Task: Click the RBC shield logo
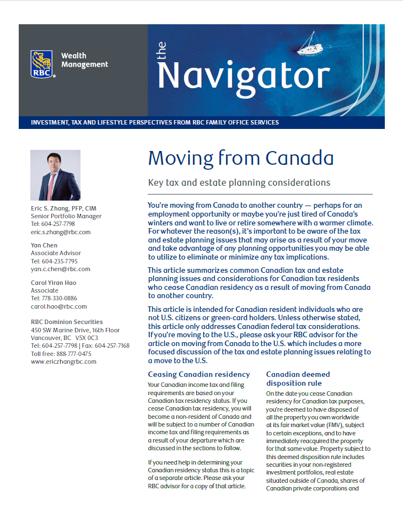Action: pyautogui.click(x=42, y=63)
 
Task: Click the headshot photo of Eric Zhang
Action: pyautogui.click(x=55, y=175)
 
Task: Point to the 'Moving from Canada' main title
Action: pyautogui.click(x=240, y=159)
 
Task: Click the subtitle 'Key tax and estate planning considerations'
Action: pyautogui.click(x=239, y=182)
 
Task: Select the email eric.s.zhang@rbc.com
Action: pyautogui.click(x=61, y=232)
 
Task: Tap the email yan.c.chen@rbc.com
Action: pyautogui.click(x=60, y=269)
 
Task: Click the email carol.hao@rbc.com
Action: pyautogui.click(x=58, y=306)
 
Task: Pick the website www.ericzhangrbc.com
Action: pyautogui.click(x=63, y=361)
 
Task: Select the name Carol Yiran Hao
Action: pyautogui.click(x=53, y=283)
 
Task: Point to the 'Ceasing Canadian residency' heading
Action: pyautogui.click(x=198, y=374)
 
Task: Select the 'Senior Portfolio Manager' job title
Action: pyautogui.click(x=66, y=216)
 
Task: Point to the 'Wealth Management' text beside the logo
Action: pyautogui.click(x=84, y=60)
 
